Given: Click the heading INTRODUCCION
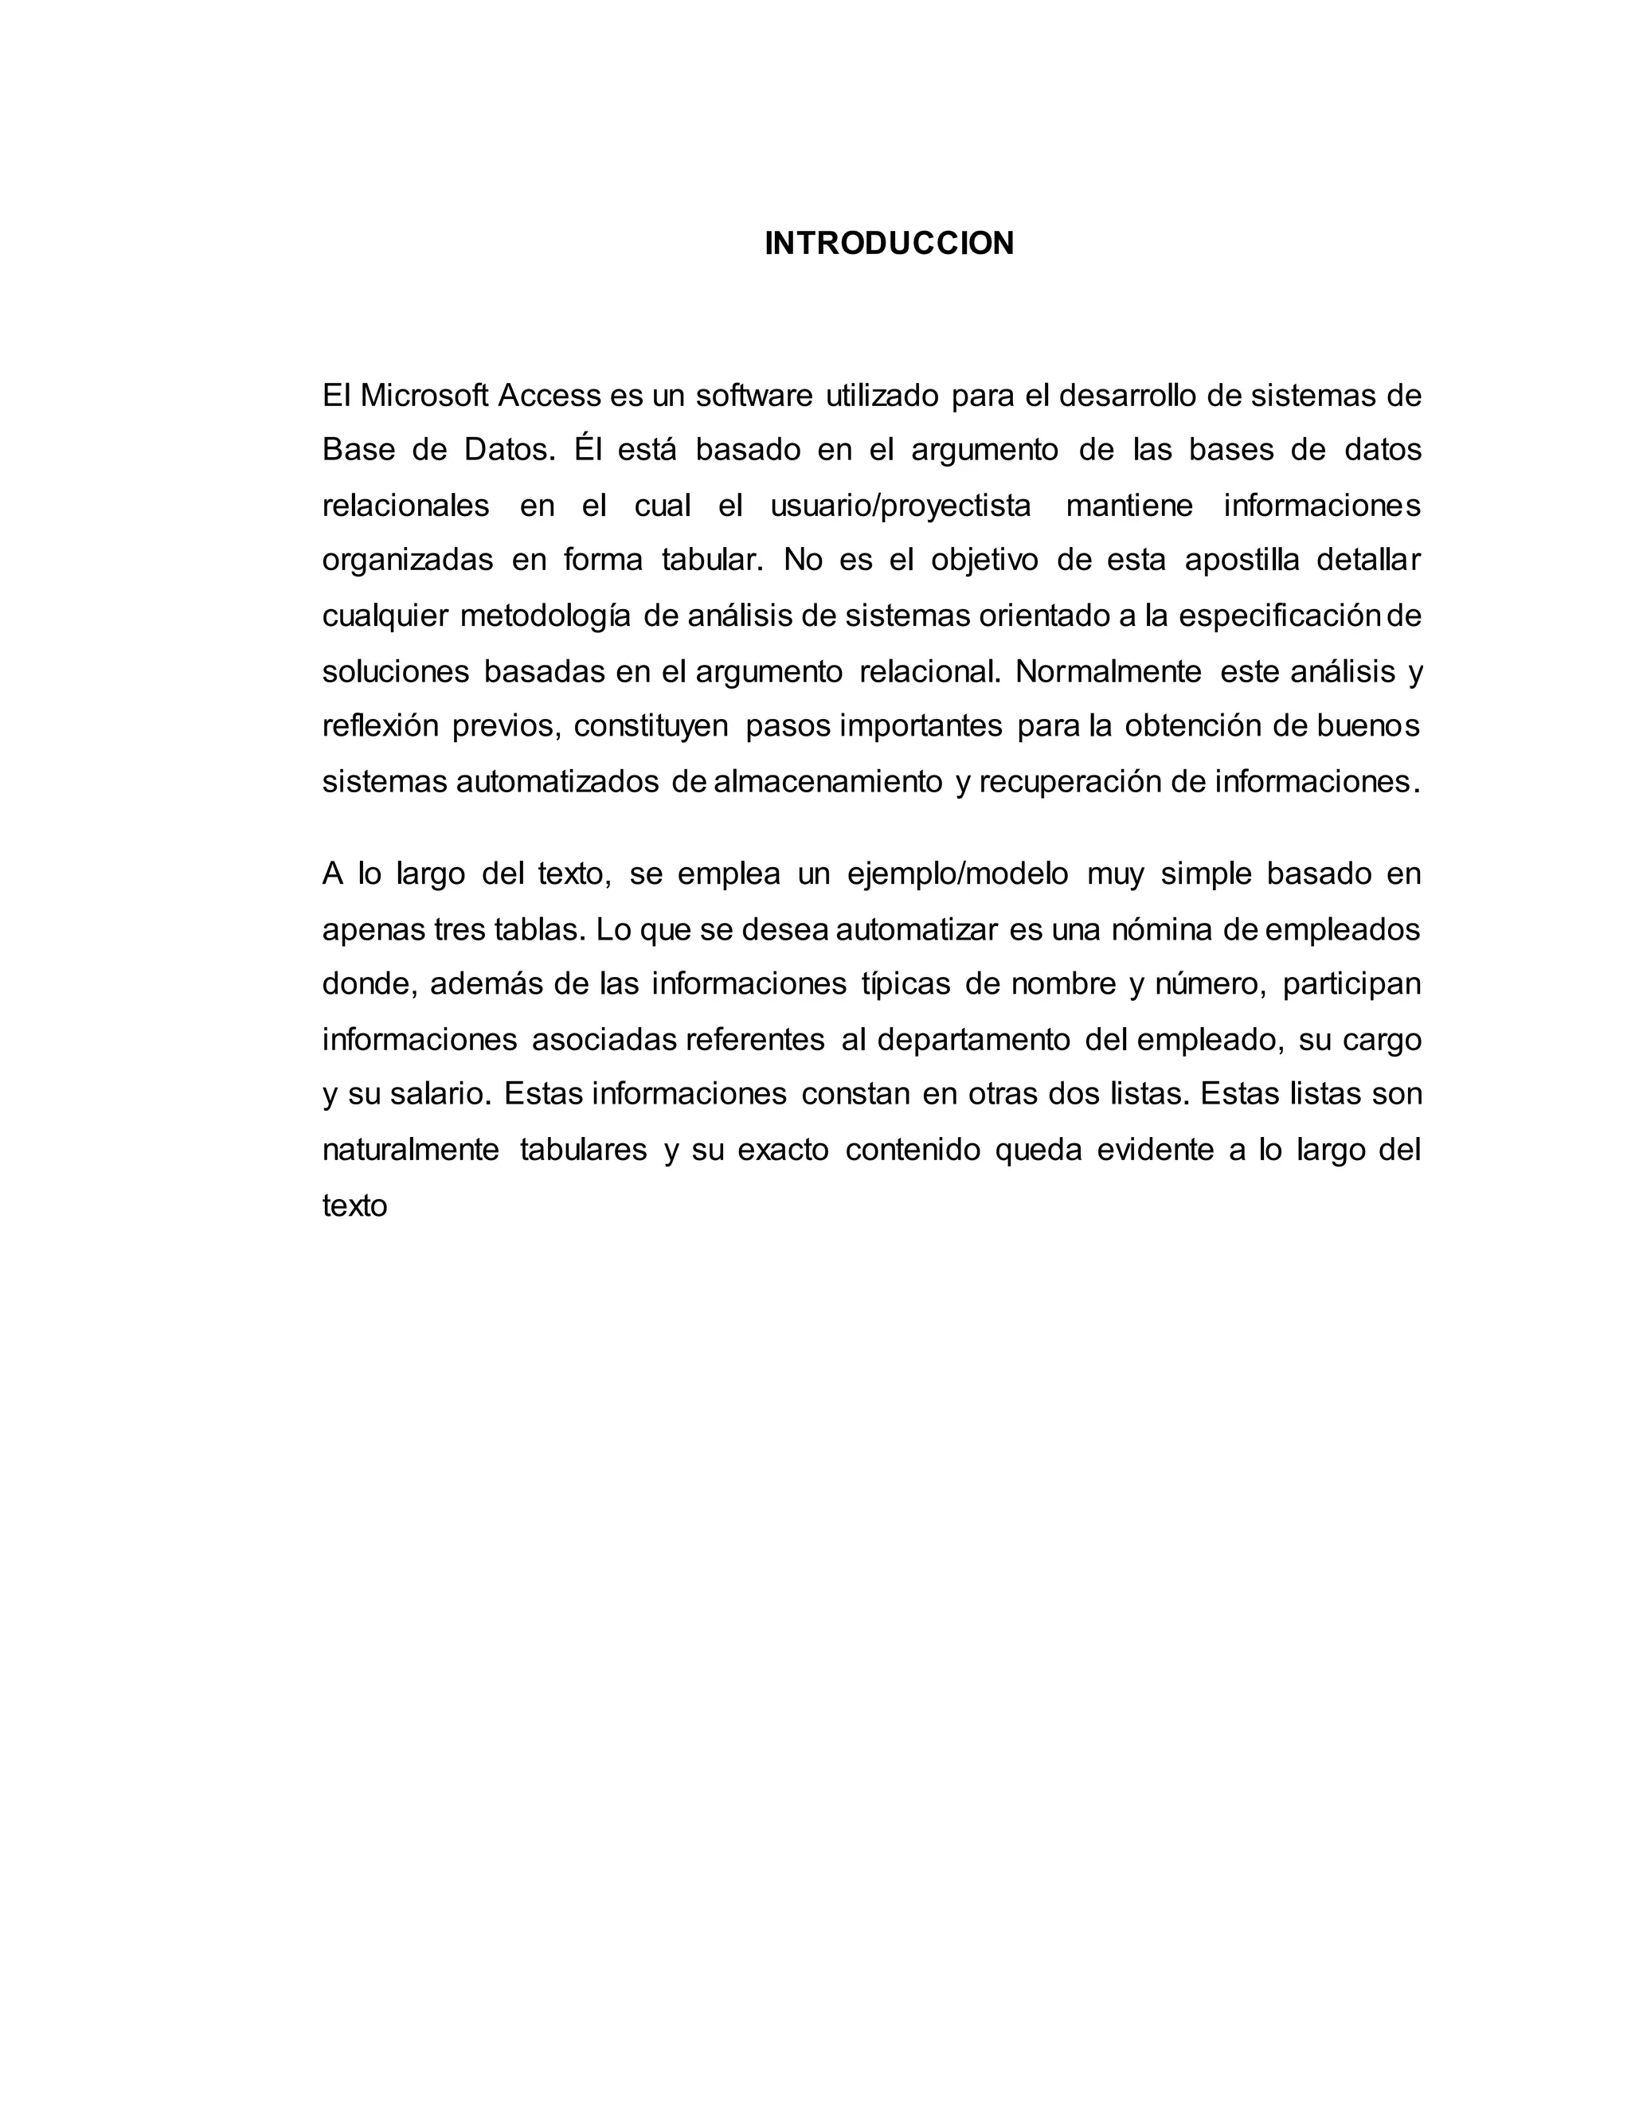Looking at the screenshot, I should (x=889, y=244).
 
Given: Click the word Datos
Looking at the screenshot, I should (x=509, y=450).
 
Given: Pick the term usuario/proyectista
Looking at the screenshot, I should (x=901, y=506).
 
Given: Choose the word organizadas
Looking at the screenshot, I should (x=408, y=561).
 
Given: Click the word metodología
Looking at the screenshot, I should (x=545, y=616).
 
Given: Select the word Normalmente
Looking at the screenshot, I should (x=1109, y=671).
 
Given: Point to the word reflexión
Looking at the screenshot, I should (x=381, y=725).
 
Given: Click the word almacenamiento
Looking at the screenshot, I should (x=828, y=780).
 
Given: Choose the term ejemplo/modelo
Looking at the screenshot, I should (x=957, y=874).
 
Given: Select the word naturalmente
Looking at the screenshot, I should (x=411, y=1151).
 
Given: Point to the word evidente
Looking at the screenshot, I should (x=1155, y=1151).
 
